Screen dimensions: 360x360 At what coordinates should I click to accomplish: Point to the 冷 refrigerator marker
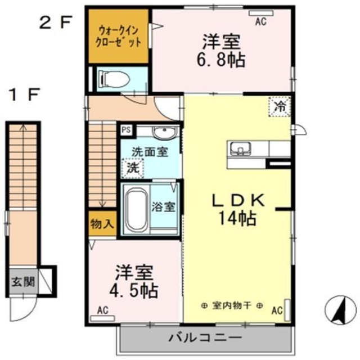[x=280, y=105]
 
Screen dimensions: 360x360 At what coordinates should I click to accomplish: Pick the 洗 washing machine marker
[x=132, y=167]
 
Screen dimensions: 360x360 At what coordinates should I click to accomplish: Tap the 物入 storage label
[x=102, y=223]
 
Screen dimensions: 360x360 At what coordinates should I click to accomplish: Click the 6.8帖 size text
[x=223, y=59]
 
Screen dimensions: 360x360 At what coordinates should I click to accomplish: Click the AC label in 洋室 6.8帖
[x=260, y=22]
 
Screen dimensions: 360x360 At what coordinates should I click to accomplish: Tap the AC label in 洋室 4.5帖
[x=102, y=309]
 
